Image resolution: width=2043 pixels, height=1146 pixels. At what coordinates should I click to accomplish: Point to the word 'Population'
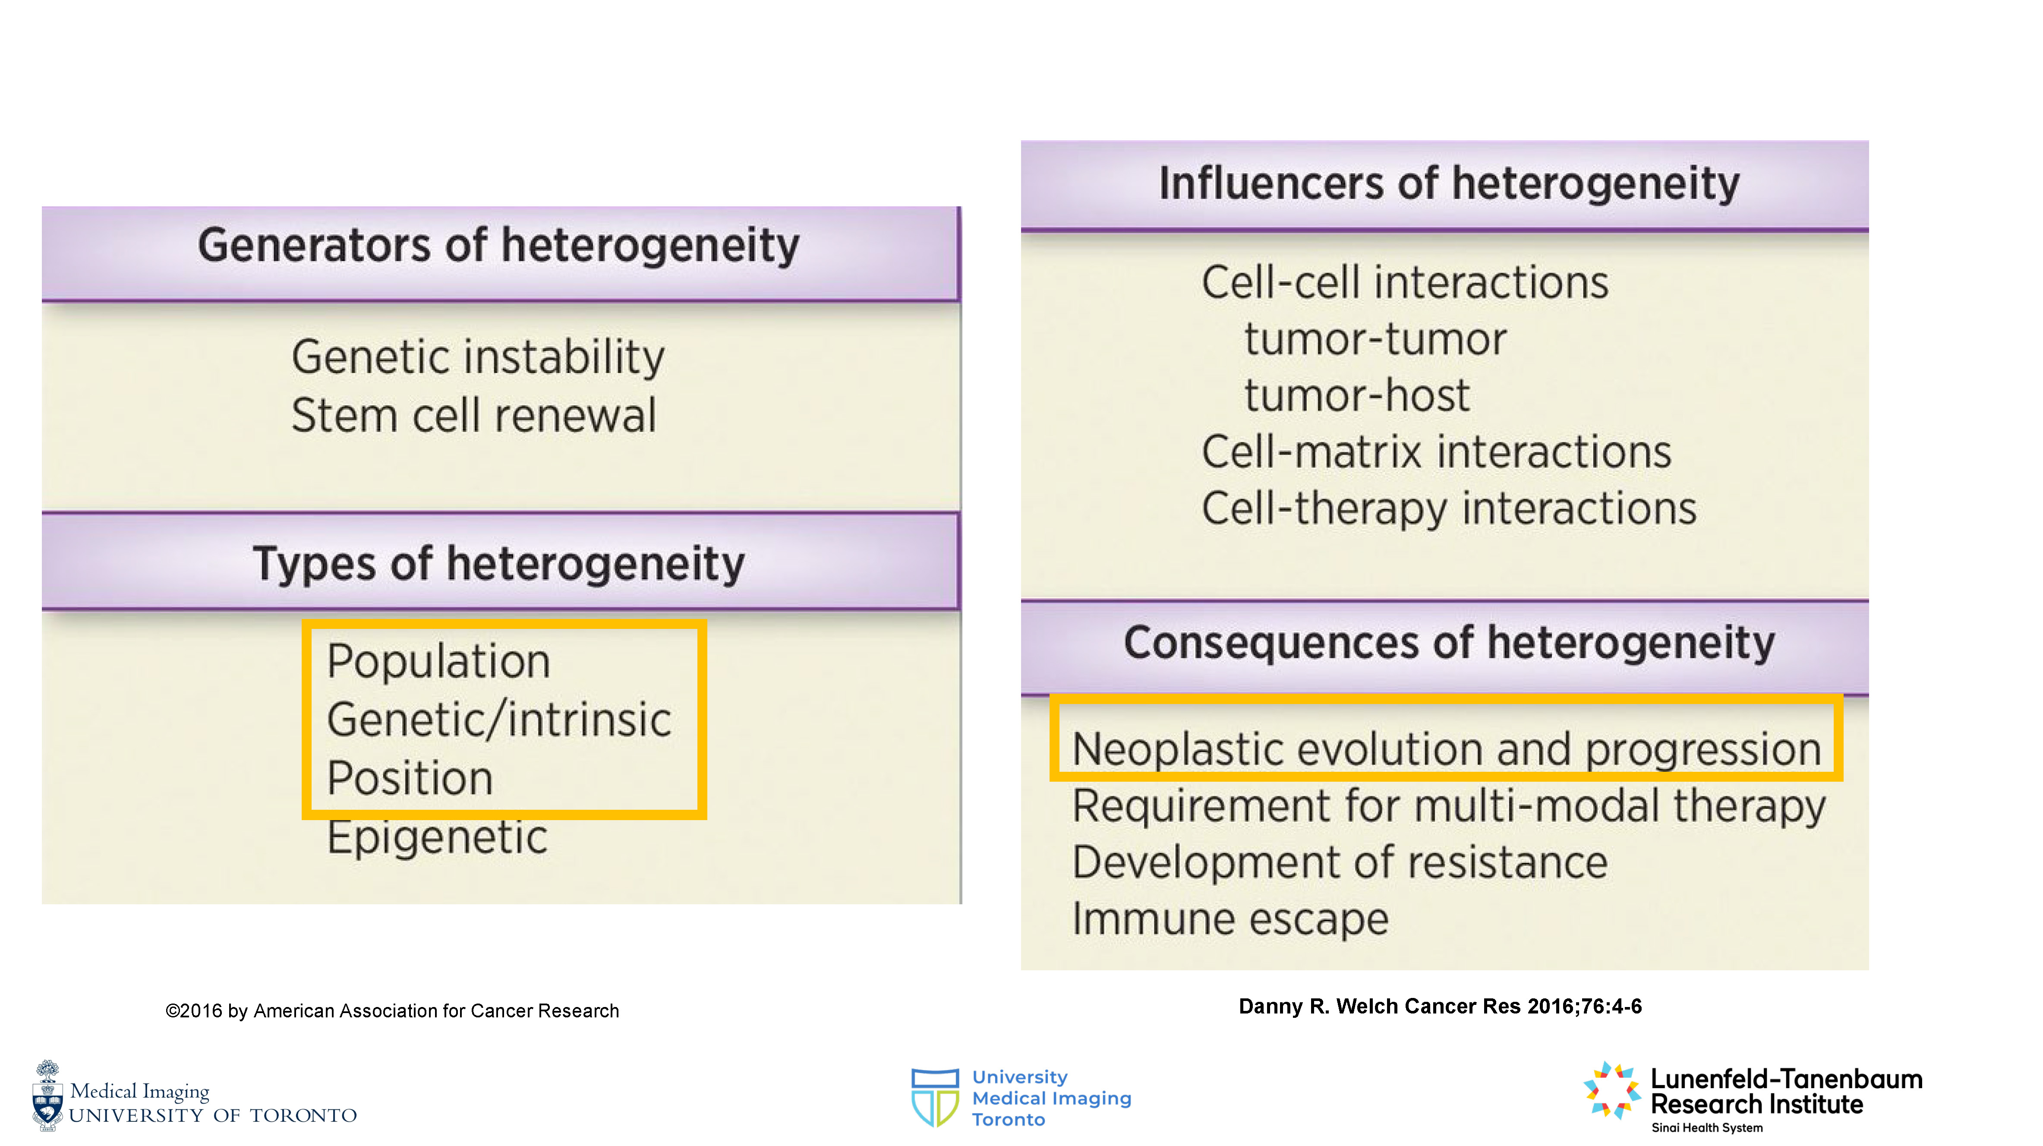(438, 661)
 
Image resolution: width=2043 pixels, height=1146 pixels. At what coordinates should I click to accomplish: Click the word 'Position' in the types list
(410, 778)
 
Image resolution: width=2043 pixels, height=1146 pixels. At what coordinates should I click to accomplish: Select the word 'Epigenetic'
(437, 837)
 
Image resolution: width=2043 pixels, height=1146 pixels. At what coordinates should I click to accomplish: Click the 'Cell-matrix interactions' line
(1436, 452)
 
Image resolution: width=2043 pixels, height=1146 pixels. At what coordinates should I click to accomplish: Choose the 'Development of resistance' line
(1340, 862)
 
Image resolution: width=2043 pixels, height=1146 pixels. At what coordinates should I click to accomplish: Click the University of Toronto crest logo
(47, 1095)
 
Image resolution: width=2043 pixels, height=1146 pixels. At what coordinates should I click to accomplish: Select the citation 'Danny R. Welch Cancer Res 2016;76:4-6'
(1440, 1007)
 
